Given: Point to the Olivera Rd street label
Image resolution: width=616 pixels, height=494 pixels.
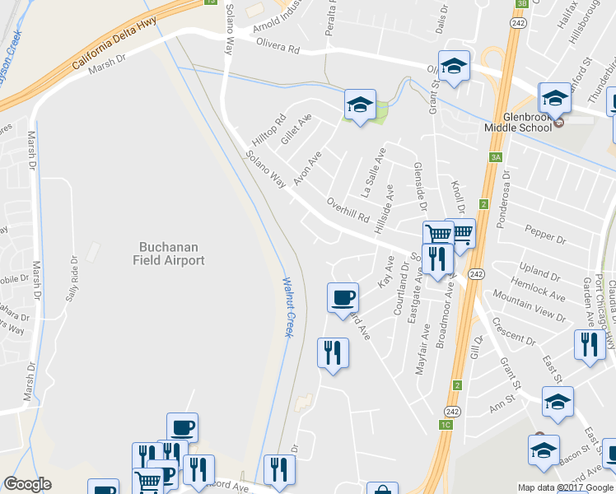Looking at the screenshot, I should click(x=278, y=46).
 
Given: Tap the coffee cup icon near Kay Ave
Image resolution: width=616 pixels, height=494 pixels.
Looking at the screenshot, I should click(x=343, y=298).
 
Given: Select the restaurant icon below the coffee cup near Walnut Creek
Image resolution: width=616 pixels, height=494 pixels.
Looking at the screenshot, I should click(x=333, y=353).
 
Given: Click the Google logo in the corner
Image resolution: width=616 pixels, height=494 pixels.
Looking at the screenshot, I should click(x=27, y=484).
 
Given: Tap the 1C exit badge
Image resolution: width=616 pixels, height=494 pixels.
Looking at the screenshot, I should click(x=446, y=425).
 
